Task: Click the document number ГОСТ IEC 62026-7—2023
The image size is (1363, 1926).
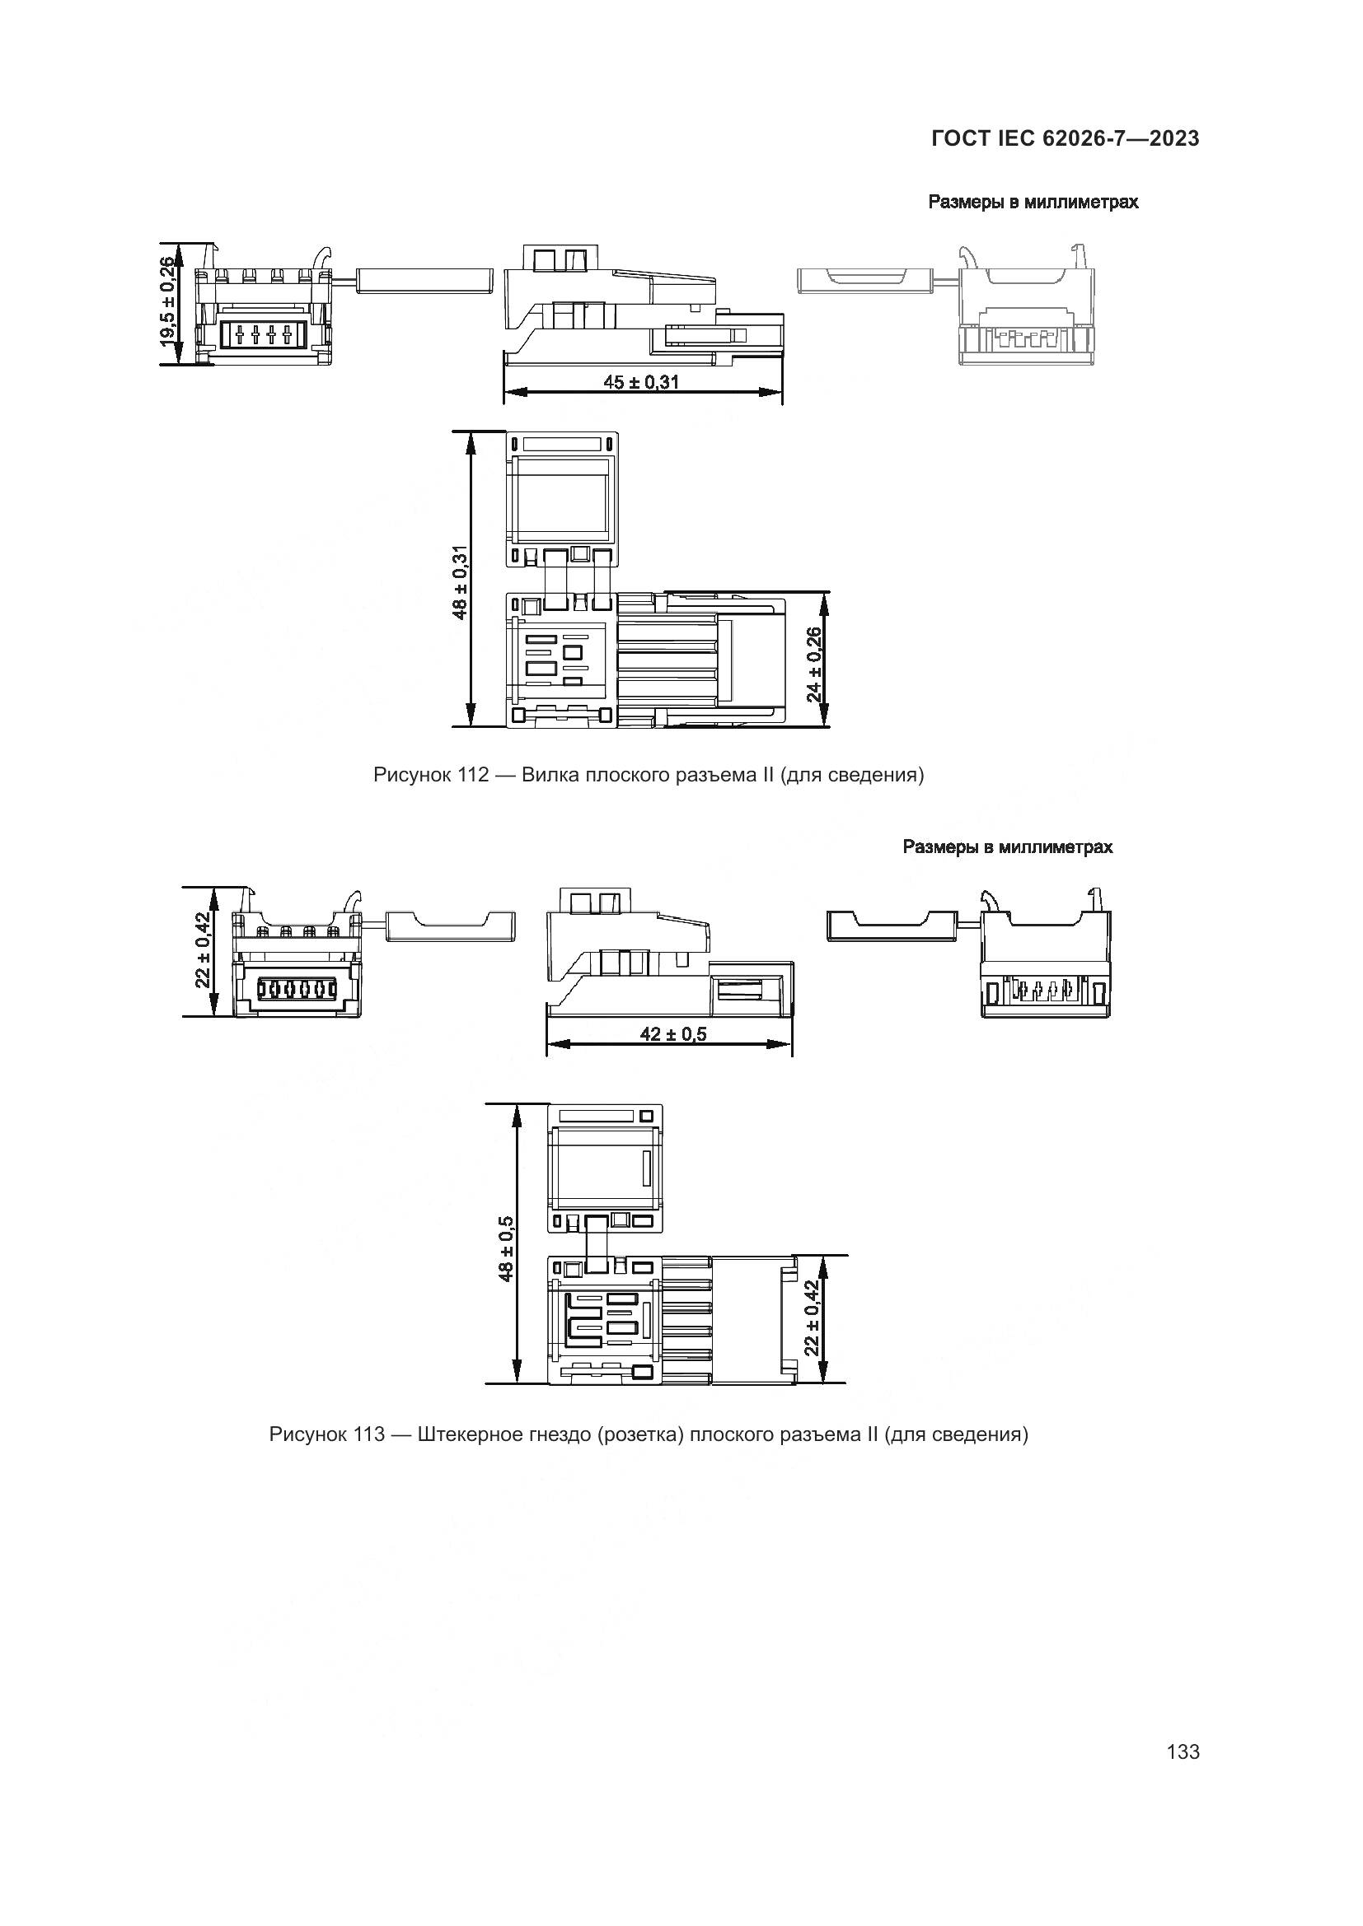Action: pos(1065,139)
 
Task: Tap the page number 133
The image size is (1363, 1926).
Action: pos(1183,1751)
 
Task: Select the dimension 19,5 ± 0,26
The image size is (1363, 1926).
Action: pos(169,302)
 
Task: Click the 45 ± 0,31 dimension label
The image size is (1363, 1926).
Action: pos(641,383)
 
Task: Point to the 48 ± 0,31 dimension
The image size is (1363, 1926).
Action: pos(460,582)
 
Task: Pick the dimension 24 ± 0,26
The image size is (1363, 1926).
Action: pos(813,665)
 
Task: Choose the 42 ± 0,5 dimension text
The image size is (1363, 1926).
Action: pos(673,1034)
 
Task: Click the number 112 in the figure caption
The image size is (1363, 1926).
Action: pos(472,775)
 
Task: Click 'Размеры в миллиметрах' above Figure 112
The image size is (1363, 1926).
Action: pos(1033,203)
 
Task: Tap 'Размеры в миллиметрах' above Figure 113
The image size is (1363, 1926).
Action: pos(1007,847)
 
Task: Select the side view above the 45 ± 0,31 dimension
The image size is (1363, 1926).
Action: pos(644,306)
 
